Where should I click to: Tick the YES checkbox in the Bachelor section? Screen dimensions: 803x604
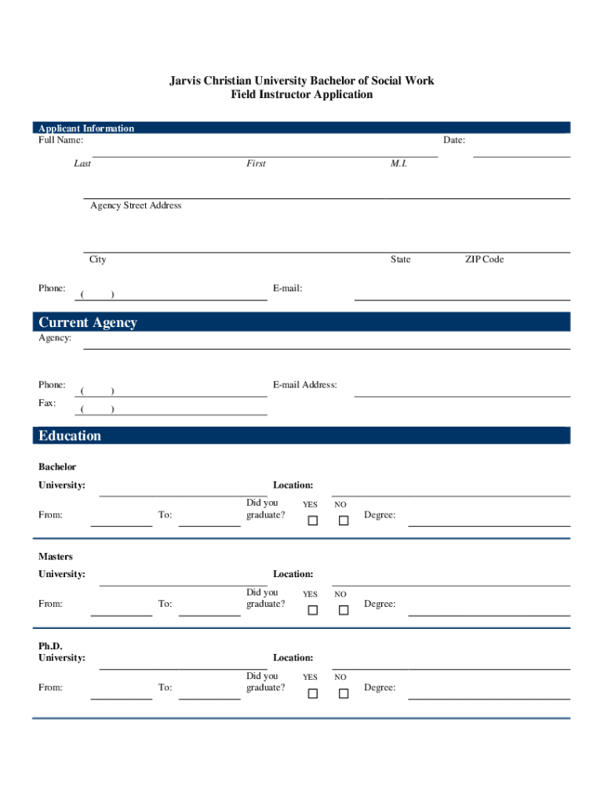312,521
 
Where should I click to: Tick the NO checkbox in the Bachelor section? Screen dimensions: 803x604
343,521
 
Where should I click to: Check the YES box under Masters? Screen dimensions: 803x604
312,610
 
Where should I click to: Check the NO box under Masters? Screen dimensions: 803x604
343,610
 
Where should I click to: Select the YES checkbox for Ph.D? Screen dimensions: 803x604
312,693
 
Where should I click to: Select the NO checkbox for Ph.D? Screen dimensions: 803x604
343,693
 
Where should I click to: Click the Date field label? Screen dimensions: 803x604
454,140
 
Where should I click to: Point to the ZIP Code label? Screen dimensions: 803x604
484,260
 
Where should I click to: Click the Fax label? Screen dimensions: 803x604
47,403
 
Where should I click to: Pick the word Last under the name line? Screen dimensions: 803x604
82,164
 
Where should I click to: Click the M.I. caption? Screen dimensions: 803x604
398,164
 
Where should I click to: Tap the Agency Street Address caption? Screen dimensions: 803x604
136,205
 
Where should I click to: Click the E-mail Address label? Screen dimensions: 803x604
305,385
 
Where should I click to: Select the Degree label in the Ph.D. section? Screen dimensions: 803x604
380,688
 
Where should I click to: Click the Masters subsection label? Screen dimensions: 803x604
56,557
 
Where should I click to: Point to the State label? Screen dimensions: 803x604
400,260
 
